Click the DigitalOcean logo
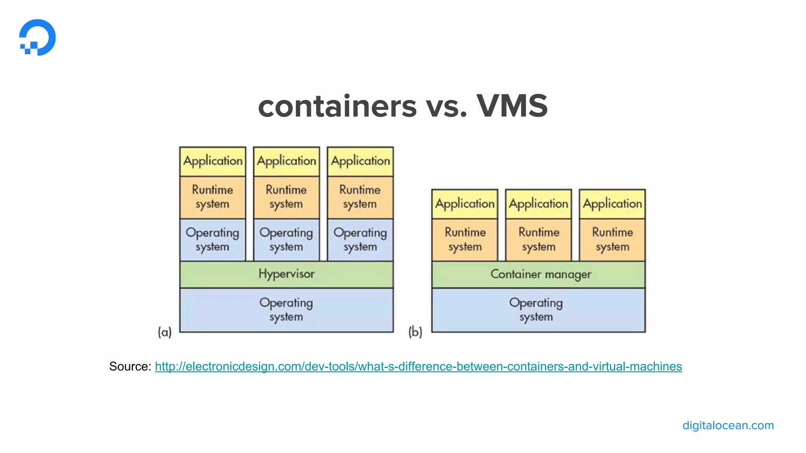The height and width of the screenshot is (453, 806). pyautogui.click(x=37, y=37)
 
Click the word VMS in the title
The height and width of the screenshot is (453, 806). pyautogui.click(x=512, y=106)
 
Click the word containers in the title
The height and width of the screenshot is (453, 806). pyautogui.click(x=337, y=107)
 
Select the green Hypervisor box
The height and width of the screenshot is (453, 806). pyautogui.click(x=287, y=274)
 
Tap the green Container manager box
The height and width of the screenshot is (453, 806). pyautogui.click(x=538, y=274)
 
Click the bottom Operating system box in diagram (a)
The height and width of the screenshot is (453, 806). pyautogui.click(x=287, y=310)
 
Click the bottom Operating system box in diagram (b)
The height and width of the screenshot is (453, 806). pyautogui.click(x=538, y=310)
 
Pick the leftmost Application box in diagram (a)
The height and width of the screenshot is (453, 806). pyautogui.click(x=213, y=161)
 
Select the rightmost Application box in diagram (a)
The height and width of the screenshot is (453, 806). pyautogui.click(x=360, y=161)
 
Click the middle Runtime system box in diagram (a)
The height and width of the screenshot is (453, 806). pyautogui.click(x=287, y=197)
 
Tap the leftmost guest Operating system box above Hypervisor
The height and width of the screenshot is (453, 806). pyautogui.click(x=213, y=239)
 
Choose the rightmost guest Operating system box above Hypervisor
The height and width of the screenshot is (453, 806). pyautogui.click(x=360, y=239)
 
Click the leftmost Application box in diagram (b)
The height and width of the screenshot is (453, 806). pyautogui.click(x=465, y=204)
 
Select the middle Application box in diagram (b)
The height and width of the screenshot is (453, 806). pyautogui.click(x=538, y=204)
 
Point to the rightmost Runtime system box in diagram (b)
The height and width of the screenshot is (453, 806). pyautogui.click(x=612, y=239)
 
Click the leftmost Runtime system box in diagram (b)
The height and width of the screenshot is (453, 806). pyautogui.click(x=465, y=239)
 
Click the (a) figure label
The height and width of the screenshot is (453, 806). pyautogui.click(x=165, y=332)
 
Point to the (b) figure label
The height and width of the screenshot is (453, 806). pyautogui.click(x=415, y=332)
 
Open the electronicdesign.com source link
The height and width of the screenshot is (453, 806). pyautogui.click(x=418, y=366)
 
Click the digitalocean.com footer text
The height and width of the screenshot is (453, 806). pyautogui.click(x=728, y=425)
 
